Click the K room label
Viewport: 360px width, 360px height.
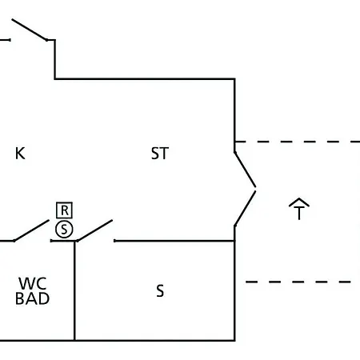(x=20, y=154)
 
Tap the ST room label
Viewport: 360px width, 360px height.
(x=160, y=154)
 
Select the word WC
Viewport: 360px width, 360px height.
(x=33, y=283)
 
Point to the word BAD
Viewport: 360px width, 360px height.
(x=33, y=298)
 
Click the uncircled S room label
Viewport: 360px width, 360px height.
(x=160, y=290)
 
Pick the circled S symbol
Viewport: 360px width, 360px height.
(x=64, y=230)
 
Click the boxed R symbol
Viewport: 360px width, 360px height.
(x=64, y=210)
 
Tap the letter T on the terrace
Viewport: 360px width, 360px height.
(x=299, y=214)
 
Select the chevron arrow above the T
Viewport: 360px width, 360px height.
(x=299, y=202)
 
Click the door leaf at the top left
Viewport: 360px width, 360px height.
(x=30, y=30)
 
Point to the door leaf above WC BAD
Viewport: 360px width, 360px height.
(x=31, y=230)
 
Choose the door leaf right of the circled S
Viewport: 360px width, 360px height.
(x=94, y=230)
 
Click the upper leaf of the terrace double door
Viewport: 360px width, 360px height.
(x=245, y=170)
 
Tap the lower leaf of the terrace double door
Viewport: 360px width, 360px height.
(x=245, y=209)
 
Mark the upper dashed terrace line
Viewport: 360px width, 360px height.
(x=298, y=142)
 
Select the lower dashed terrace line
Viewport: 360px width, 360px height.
(x=298, y=282)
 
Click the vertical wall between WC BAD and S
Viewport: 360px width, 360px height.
(x=74, y=290)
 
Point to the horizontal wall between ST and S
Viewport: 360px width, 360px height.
(x=174, y=241)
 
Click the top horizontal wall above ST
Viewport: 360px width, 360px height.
(x=145, y=79)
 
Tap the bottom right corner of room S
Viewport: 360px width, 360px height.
(x=234, y=340)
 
